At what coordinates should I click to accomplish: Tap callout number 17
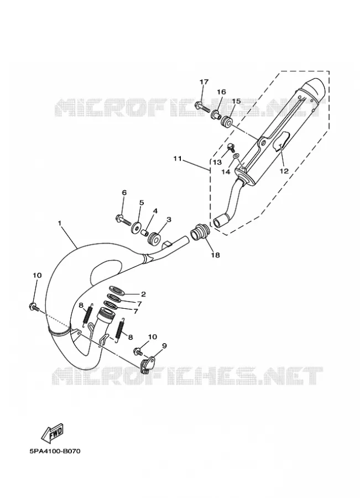pyautogui.click(x=204, y=82)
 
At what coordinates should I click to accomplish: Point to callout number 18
pyautogui.click(x=215, y=255)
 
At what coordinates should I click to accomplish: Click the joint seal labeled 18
pyautogui.click(x=199, y=232)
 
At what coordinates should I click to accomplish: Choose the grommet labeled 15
pyautogui.click(x=227, y=121)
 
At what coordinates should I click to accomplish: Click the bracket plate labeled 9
pyautogui.click(x=147, y=362)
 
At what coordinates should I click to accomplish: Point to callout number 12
pyautogui.click(x=284, y=171)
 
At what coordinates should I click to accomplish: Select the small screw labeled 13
pyautogui.click(x=231, y=147)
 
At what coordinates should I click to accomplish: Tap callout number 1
pyautogui.click(x=59, y=224)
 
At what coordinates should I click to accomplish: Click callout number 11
pyautogui.click(x=177, y=158)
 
